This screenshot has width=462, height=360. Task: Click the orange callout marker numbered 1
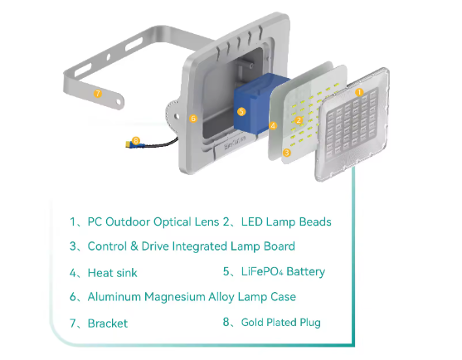(x=359, y=92)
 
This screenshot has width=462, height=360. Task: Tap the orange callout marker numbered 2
(x=299, y=120)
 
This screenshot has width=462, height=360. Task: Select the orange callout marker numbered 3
(x=286, y=153)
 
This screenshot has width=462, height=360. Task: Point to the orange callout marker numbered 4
(x=273, y=126)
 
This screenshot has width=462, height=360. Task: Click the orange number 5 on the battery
(x=241, y=112)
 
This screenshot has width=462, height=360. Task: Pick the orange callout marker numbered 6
(x=193, y=119)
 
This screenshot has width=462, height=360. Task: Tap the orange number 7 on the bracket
(x=98, y=94)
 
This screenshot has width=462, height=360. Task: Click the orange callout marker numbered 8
(x=135, y=140)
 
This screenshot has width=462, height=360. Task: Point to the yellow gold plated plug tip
(x=128, y=144)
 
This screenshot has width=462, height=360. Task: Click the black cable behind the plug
(x=162, y=144)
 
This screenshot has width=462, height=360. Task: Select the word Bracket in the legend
(x=108, y=324)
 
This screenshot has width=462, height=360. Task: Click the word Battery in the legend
(x=305, y=272)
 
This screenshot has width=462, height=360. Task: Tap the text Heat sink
(x=112, y=273)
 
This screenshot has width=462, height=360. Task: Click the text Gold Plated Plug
(x=281, y=323)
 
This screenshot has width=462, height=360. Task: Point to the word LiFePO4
(x=262, y=271)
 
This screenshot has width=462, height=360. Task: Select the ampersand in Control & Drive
(x=134, y=246)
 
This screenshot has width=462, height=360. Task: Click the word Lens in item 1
(x=207, y=221)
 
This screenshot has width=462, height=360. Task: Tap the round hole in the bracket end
(x=119, y=102)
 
